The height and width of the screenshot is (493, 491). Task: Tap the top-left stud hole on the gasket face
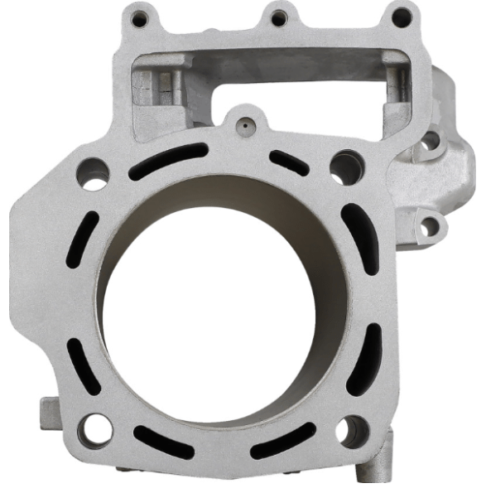93,175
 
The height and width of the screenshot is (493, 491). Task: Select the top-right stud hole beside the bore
345,167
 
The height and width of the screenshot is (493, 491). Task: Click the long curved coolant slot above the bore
167,161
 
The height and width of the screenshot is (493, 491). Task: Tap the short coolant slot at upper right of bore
289,162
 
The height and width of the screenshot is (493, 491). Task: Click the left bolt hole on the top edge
139,17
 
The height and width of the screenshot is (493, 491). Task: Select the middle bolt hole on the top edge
279,16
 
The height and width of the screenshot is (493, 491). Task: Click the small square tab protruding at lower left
47,409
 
